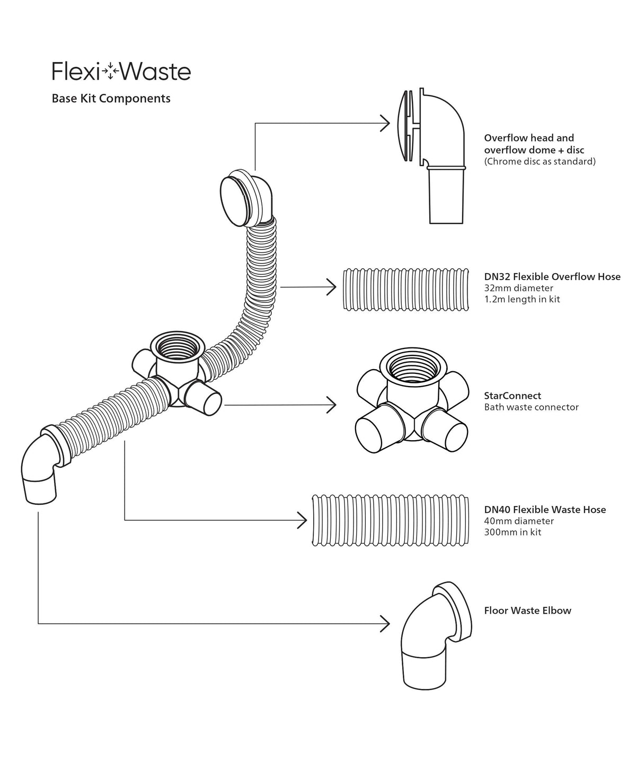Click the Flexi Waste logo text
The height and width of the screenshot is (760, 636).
point(121,72)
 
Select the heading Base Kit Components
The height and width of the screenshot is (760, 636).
point(111,99)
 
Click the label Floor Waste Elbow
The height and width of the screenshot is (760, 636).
point(527,610)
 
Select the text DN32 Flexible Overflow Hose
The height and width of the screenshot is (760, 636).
point(552,276)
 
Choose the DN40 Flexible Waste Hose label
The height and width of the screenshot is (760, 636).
point(545,510)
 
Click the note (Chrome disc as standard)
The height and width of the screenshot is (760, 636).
point(540,161)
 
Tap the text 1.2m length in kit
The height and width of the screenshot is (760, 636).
point(522,299)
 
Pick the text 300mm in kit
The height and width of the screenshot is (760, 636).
point(513,532)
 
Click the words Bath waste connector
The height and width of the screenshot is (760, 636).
point(531,407)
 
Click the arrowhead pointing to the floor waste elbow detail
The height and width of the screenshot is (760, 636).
point(385,623)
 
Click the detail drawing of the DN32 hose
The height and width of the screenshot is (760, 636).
point(406,289)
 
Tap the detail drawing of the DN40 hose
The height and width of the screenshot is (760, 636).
point(390,520)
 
